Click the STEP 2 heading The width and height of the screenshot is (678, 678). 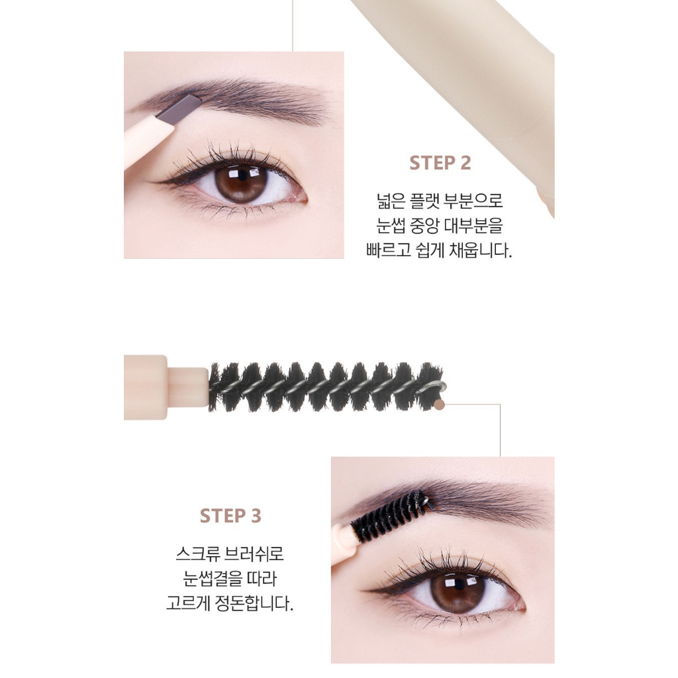tap(440, 163)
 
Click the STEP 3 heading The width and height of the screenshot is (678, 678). tap(230, 516)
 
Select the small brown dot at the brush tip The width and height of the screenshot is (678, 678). tap(439, 403)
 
